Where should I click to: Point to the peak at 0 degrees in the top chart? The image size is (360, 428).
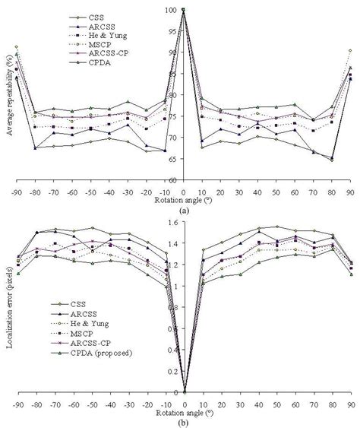(x=184, y=10)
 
